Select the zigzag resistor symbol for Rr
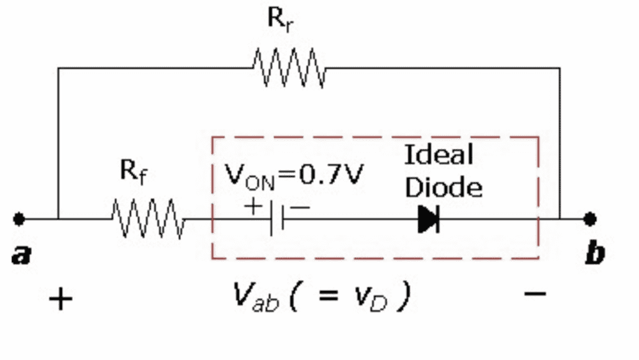tap(289, 68)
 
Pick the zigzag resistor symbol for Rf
tap(148, 219)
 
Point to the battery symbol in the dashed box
tap(277, 219)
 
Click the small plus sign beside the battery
tap(254, 207)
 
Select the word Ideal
tap(438, 155)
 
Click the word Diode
tap(443, 187)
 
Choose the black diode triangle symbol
tap(427, 219)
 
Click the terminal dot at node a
tap(19, 219)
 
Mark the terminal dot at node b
tap(589, 219)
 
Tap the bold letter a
tap(21, 256)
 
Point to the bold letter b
tap(594, 254)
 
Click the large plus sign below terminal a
tap(61, 299)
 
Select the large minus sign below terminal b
tap(535, 294)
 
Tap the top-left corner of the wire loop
tap(58, 68)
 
